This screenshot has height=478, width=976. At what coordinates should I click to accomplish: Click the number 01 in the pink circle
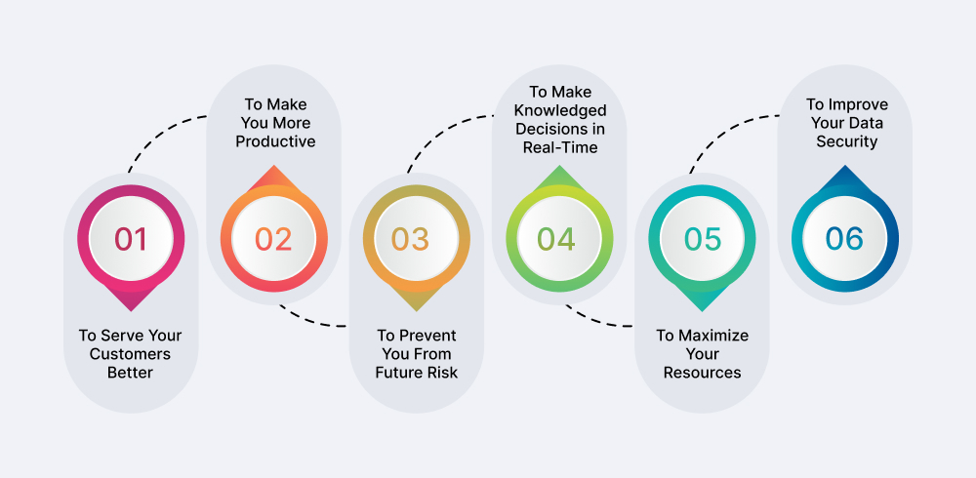(x=131, y=239)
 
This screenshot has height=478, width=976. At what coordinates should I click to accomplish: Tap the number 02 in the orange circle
(x=273, y=239)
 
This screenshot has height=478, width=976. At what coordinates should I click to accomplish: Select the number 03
(x=410, y=239)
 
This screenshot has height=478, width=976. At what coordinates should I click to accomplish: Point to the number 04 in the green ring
(x=556, y=239)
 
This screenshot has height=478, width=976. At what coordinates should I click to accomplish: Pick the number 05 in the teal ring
(x=703, y=239)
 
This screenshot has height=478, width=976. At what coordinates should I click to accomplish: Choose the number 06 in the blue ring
(x=844, y=239)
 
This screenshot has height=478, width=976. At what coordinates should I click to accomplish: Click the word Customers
(x=130, y=354)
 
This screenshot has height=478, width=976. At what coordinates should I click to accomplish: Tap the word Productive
(x=275, y=141)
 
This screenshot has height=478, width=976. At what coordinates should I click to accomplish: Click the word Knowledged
(x=560, y=111)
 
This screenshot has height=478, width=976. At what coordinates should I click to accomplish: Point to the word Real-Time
(x=560, y=147)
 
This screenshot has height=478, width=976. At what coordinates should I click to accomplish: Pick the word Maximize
(x=712, y=336)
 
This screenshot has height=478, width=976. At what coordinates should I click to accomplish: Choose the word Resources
(x=702, y=373)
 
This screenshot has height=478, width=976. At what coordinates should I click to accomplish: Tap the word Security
(x=846, y=141)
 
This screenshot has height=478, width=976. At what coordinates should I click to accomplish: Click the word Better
(x=130, y=373)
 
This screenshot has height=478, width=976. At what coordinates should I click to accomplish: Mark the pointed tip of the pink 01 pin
(x=131, y=310)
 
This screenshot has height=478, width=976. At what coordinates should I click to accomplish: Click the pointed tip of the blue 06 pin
(x=844, y=166)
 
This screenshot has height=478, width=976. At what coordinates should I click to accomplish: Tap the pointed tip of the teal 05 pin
(x=702, y=310)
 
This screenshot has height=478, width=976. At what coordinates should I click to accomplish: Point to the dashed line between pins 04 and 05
(x=597, y=321)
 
